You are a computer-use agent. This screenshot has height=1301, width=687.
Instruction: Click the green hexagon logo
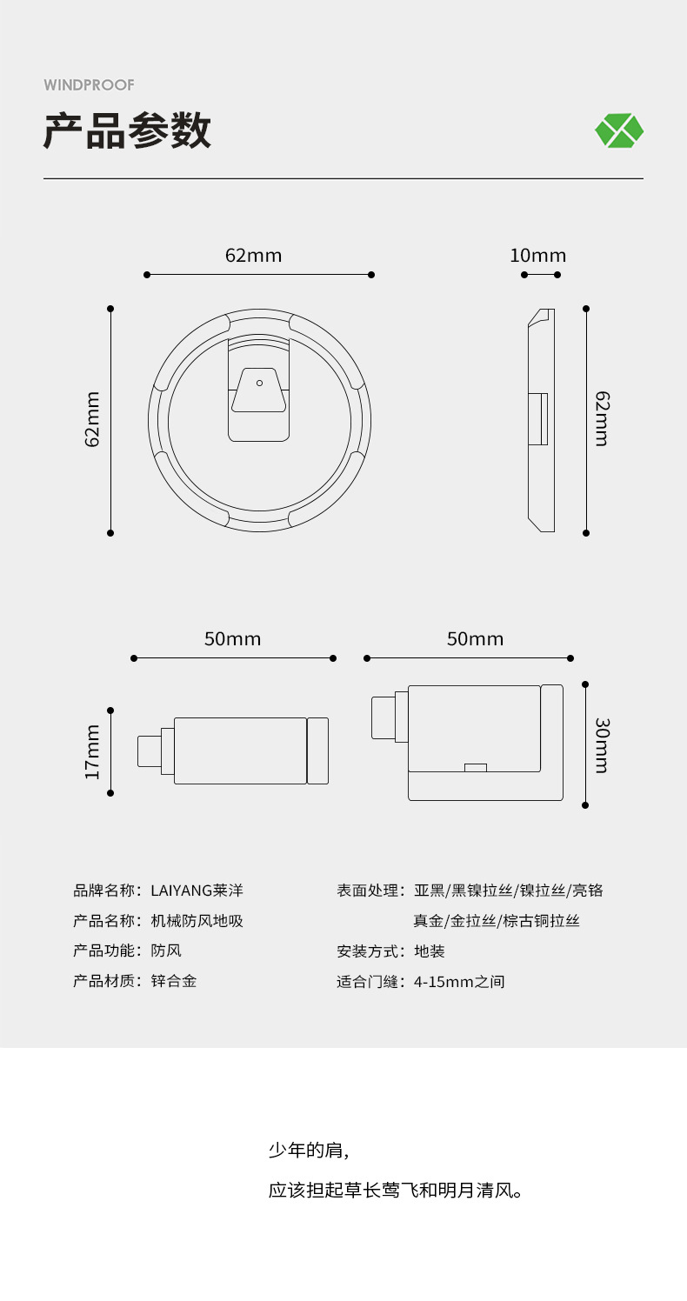pos(619,130)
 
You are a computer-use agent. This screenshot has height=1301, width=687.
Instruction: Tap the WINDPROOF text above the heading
pos(89,85)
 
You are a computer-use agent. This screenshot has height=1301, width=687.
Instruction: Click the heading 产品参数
pos(127,130)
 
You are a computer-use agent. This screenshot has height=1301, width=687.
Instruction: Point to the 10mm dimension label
pos(537,255)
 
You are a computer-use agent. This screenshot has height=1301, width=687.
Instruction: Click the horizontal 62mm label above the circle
pos(253,255)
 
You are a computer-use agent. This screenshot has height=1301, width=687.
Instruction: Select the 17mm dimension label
pos(92,752)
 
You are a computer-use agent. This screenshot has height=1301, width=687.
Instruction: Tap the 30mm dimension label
pos(603,746)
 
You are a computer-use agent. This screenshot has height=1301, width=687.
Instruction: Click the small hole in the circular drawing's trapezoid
pos(260,383)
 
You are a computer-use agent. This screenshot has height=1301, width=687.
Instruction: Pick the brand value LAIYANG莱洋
pos(197,891)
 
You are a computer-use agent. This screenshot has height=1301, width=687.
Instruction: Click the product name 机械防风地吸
pos(197,921)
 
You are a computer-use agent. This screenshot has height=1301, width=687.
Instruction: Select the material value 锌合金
pos(174,981)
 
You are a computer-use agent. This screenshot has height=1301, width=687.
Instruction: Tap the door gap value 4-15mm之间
pos(459,982)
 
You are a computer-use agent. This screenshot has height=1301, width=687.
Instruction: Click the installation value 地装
pos(429,951)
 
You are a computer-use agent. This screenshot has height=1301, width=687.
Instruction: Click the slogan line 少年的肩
pos(309,1150)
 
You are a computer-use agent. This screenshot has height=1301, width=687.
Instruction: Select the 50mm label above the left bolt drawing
pos(232,639)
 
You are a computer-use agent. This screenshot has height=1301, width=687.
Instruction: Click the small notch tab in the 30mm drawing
pos(475,768)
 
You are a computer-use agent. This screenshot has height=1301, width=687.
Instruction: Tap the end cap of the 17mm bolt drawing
pos(317,751)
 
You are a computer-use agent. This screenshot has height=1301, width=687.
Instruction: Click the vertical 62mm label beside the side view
pos(603,419)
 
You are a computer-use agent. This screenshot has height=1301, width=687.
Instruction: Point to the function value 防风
pos(166,951)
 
